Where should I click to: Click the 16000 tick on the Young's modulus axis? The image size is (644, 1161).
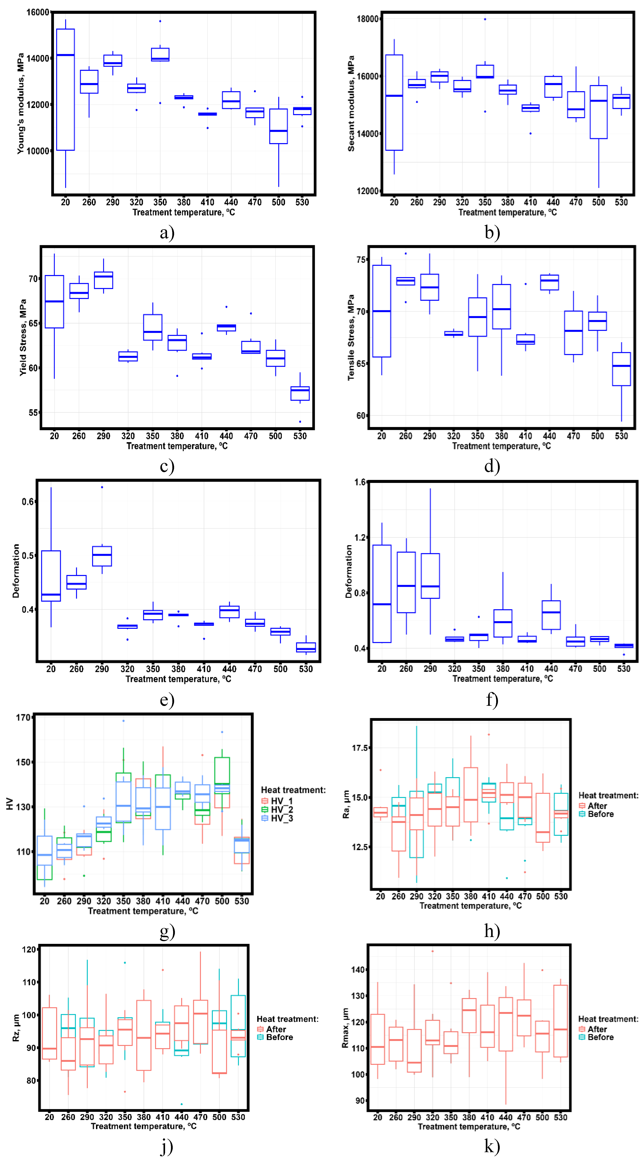pyautogui.click(x=38, y=12)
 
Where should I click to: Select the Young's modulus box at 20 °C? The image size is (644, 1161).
pyautogui.click(x=65, y=90)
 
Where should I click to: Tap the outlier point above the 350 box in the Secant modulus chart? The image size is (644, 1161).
pyautogui.click(x=485, y=19)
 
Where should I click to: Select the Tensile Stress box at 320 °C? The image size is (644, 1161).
pyautogui.click(x=453, y=334)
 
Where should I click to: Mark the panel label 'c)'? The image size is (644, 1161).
pyautogui.click(x=167, y=466)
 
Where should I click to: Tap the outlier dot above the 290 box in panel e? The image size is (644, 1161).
pyautogui.click(x=102, y=487)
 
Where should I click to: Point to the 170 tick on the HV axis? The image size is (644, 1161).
pyautogui.click(x=23, y=718)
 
